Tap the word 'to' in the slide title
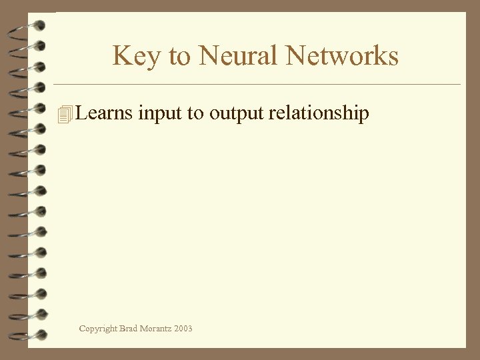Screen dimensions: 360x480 [179, 56]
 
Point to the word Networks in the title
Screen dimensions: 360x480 [342, 55]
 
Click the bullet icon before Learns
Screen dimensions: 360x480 [64, 115]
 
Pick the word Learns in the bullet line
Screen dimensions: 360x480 [105, 113]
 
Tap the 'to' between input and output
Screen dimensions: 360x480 [196, 114]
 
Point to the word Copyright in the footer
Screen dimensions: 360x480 [98, 329]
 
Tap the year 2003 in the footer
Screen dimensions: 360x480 [184, 328]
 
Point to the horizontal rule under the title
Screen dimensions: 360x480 [257, 85]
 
